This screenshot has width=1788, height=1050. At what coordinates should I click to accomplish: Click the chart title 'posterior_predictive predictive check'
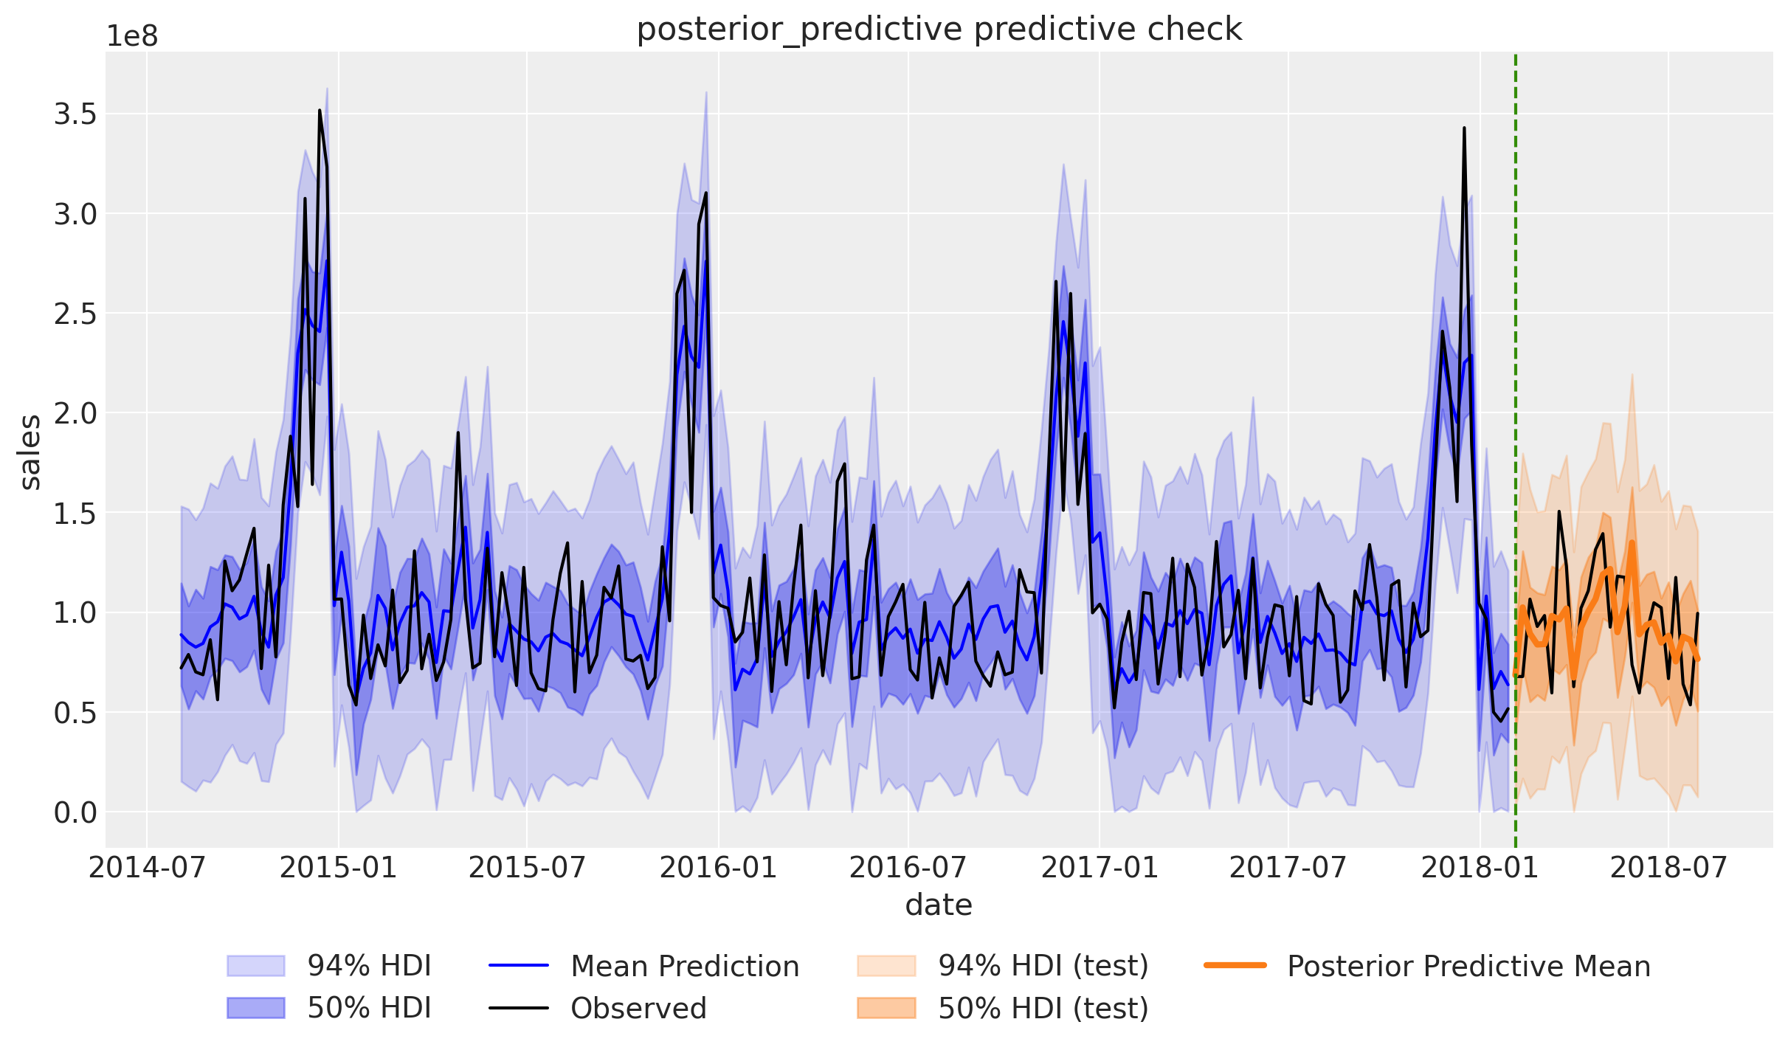click(x=939, y=30)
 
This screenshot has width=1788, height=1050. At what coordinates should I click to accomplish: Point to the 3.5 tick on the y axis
click(x=75, y=115)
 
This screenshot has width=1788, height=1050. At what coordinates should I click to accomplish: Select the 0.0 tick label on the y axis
click(x=75, y=813)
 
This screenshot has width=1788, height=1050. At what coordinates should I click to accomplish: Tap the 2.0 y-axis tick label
click(x=75, y=414)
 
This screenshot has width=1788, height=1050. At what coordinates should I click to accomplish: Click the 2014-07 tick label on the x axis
click(x=147, y=868)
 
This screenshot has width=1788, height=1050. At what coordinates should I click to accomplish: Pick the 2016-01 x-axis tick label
click(x=718, y=868)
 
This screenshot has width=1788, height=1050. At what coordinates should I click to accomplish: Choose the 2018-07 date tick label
click(x=1668, y=868)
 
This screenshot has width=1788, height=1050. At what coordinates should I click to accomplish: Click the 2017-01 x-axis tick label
click(x=1100, y=868)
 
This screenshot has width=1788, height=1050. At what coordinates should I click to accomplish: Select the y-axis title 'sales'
click(x=30, y=452)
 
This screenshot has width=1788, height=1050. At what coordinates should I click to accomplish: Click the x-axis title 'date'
click(x=939, y=905)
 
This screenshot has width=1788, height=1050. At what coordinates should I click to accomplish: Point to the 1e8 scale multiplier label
click(x=132, y=36)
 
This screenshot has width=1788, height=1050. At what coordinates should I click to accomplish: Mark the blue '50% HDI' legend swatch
click(x=255, y=1008)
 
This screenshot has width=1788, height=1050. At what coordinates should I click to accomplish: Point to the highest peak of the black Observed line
click(x=320, y=111)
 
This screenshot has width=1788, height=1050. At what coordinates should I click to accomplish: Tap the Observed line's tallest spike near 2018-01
click(x=1464, y=128)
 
